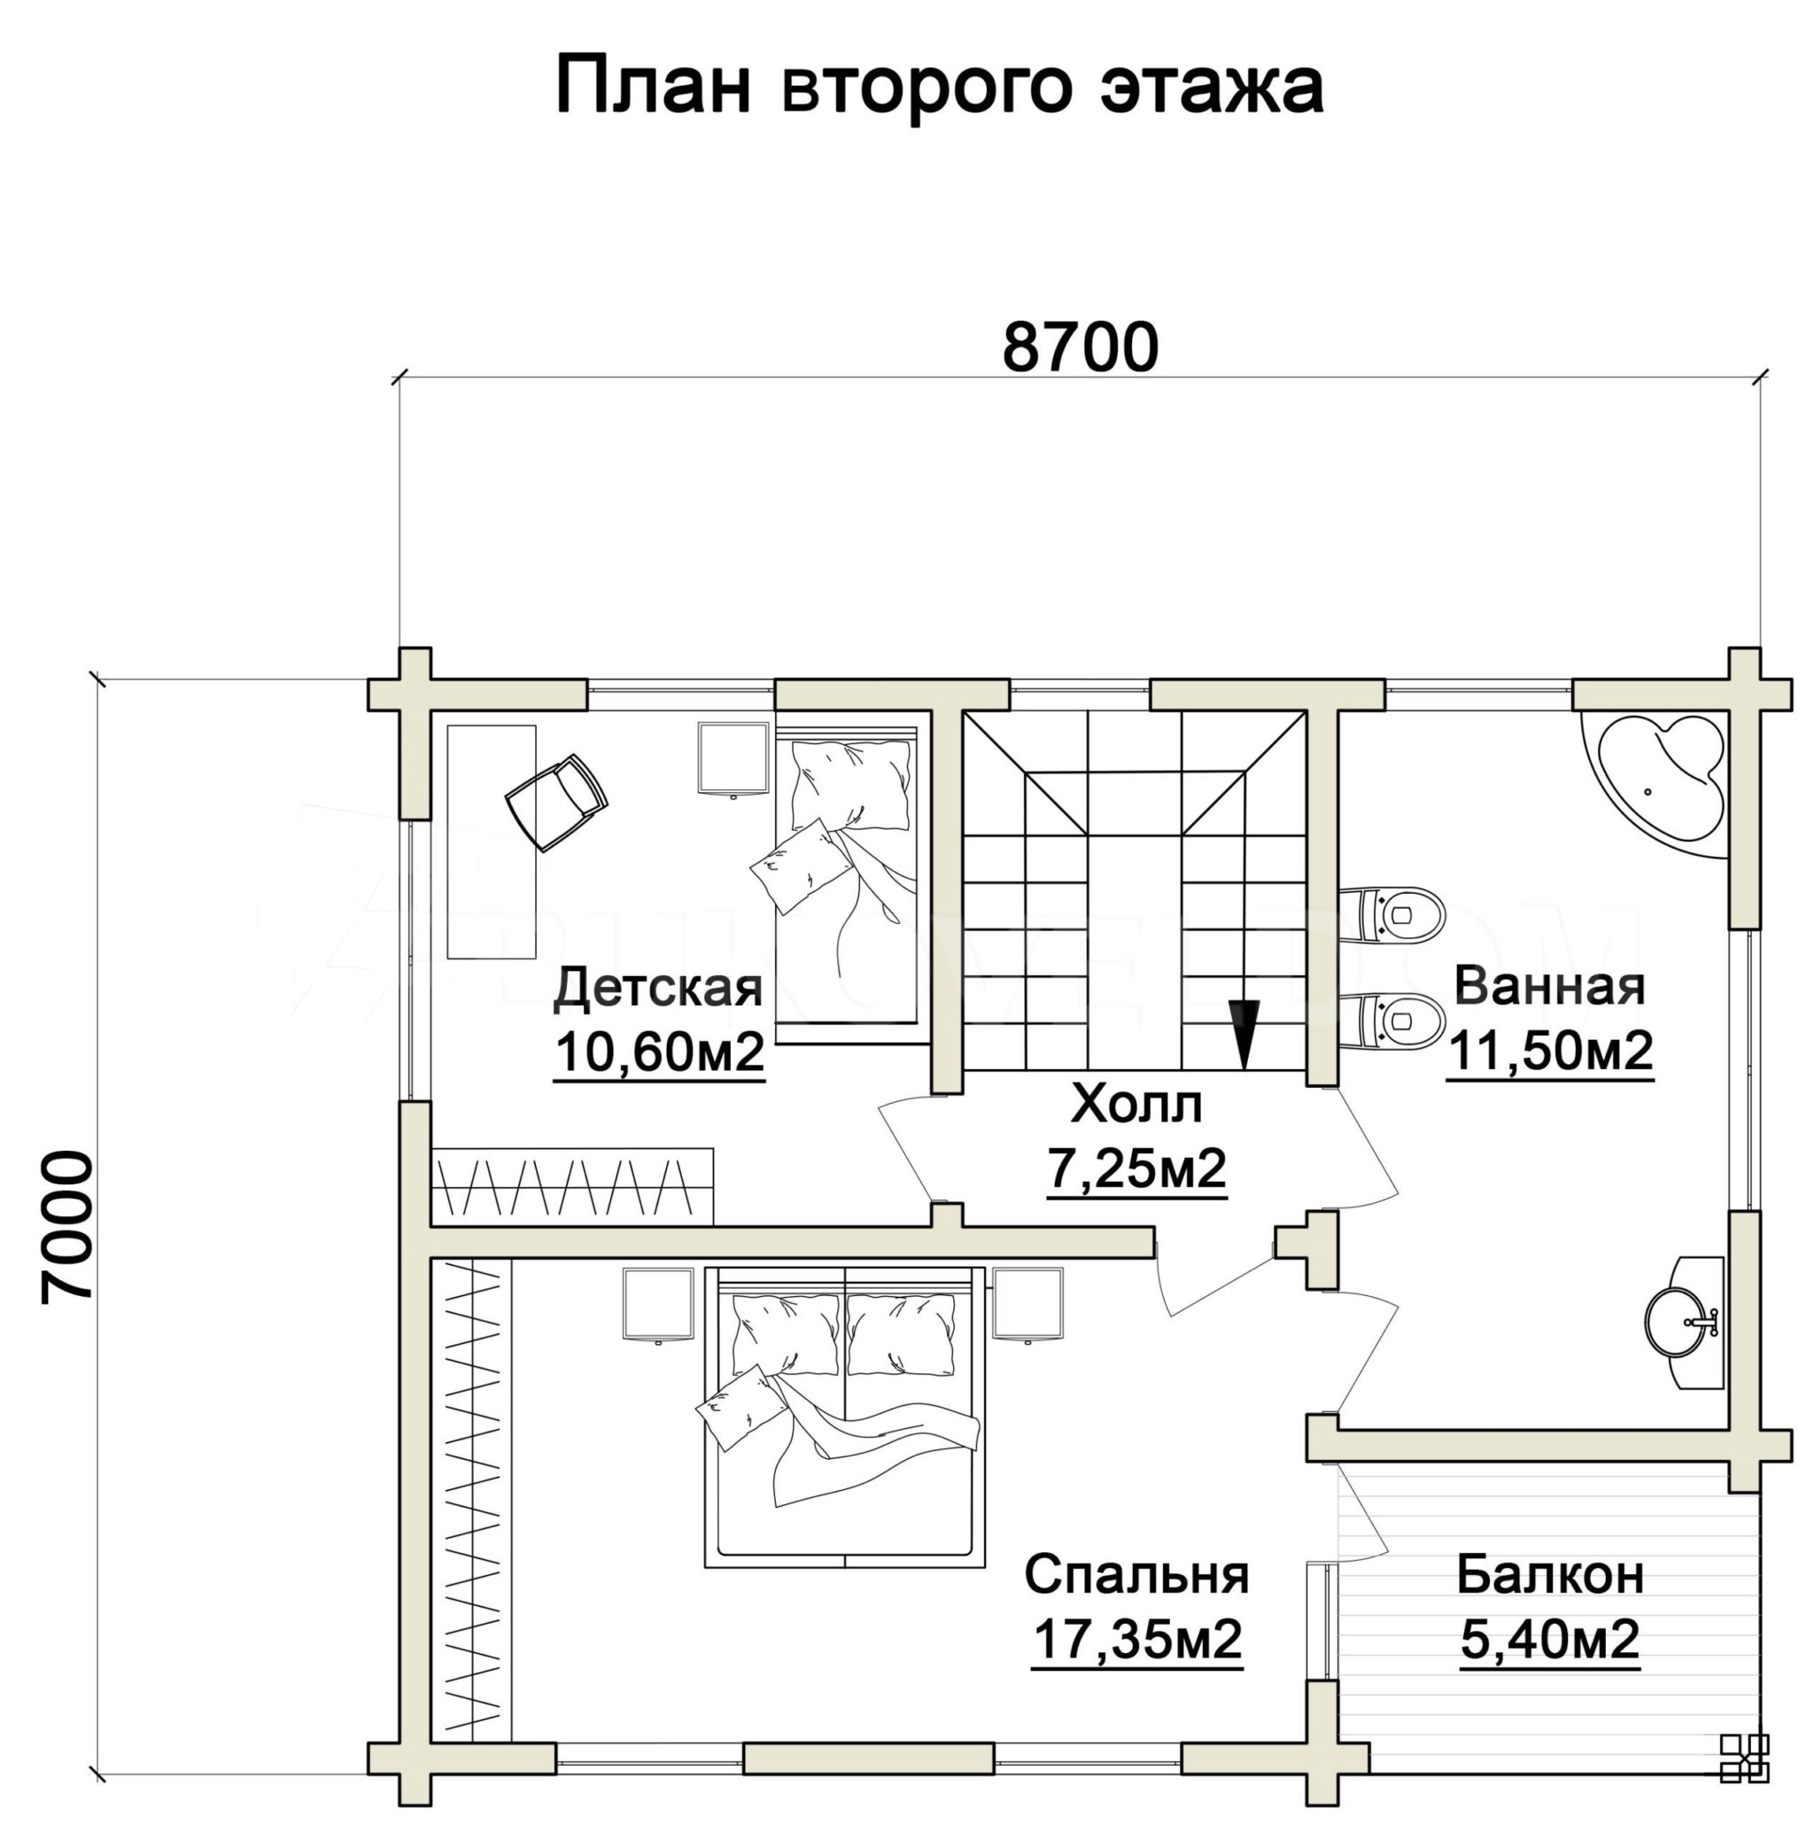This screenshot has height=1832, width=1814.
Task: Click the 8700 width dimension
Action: click(1080, 347)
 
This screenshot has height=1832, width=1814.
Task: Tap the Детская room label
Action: click(657, 987)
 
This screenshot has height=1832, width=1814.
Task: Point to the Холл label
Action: click(1136, 1104)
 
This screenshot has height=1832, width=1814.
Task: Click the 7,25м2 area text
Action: click(1136, 1168)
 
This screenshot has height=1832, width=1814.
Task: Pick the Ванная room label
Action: click(1548, 985)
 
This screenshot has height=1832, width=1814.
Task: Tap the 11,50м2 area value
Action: click(1549, 1050)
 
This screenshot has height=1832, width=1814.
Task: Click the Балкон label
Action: click(1550, 1576)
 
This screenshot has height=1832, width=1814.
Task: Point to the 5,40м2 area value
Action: click(1549, 1640)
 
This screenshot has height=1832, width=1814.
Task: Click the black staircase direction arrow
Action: click(1244, 1034)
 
